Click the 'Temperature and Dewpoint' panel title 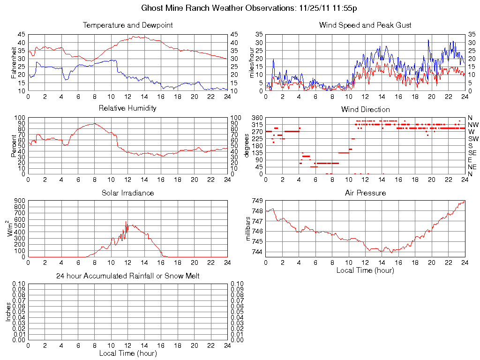click(x=127, y=25)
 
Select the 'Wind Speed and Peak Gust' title click(x=365, y=25)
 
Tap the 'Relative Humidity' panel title click(x=127, y=108)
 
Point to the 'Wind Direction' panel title click(x=365, y=110)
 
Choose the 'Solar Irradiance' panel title click(x=127, y=193)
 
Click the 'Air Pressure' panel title click(x=365, y=193)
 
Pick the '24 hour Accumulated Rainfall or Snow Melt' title click(x=127, y=276)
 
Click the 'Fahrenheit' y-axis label click(x=14, y=62)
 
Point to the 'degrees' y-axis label click(x=247, y=146)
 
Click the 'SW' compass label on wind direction click(x=473, y=139)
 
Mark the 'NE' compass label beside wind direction click(x=472, y=167)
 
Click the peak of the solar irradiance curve click(x=126, y=222)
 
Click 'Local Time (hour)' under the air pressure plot click(x=365, y=270)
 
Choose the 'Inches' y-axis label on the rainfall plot click(x=8, y=312)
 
